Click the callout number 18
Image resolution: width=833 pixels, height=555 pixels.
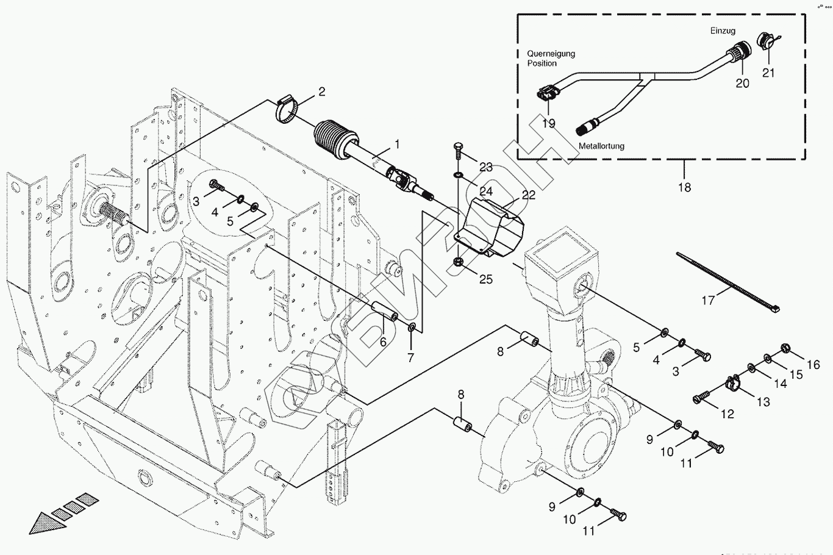point(684,187)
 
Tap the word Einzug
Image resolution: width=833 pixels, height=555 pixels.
point(723,30)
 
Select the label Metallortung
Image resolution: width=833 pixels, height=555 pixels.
point(601,146)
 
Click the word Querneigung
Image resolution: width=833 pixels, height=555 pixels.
point(551,54)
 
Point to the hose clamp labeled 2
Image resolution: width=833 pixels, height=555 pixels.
point(287,110)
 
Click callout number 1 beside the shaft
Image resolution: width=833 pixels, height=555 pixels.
point(397,145)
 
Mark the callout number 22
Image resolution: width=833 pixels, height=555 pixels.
point(528,195)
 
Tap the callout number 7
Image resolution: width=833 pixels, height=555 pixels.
point(410,357)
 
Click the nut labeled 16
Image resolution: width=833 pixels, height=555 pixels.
point(787,349)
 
